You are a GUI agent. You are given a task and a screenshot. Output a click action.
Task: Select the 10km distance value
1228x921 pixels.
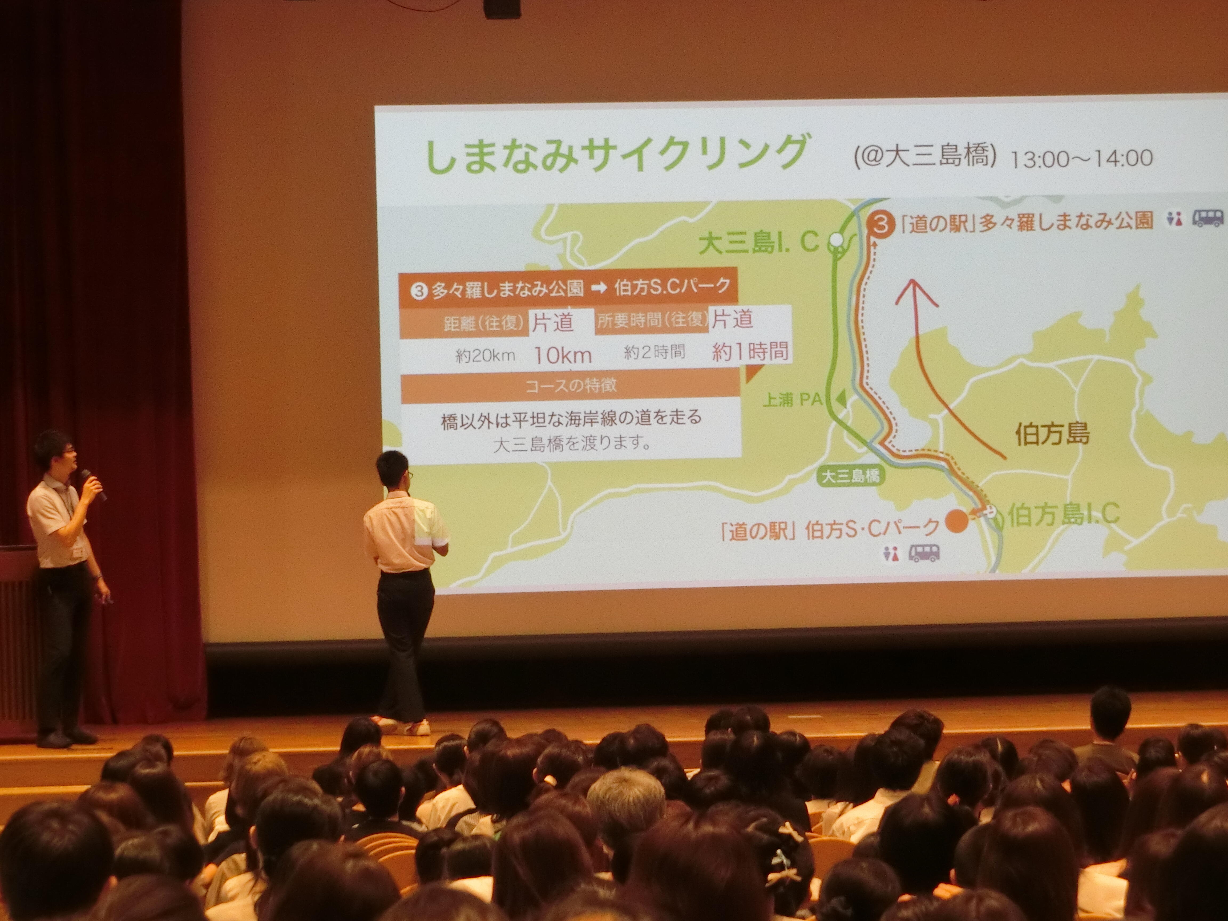coord(562,355)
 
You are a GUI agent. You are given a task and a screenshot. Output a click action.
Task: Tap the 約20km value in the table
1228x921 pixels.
coord(485,355)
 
